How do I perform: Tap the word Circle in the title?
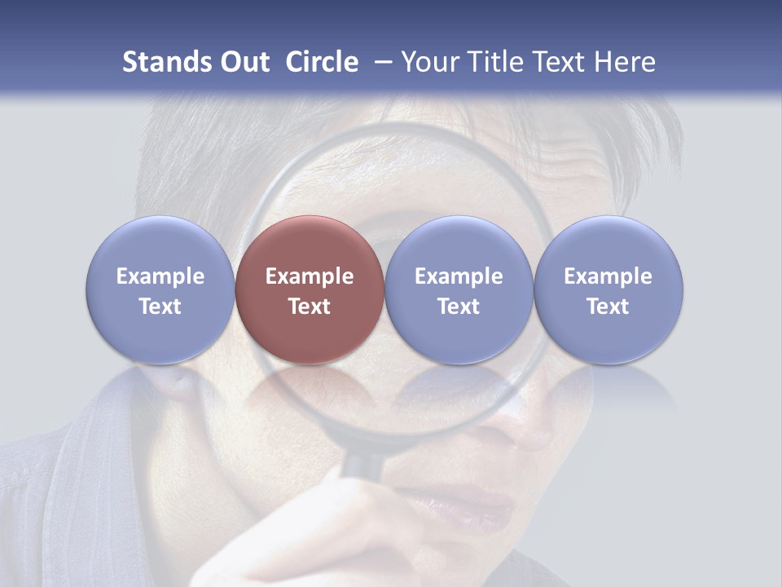(x=322, y=62)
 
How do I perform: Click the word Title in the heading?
(x=494, y=62)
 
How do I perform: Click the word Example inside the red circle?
(x=310, y=276)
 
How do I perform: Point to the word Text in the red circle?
(x=310, y=307)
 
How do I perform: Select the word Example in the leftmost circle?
(x=160, y=276)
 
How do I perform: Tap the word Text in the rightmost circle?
(x=608, y=307)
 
